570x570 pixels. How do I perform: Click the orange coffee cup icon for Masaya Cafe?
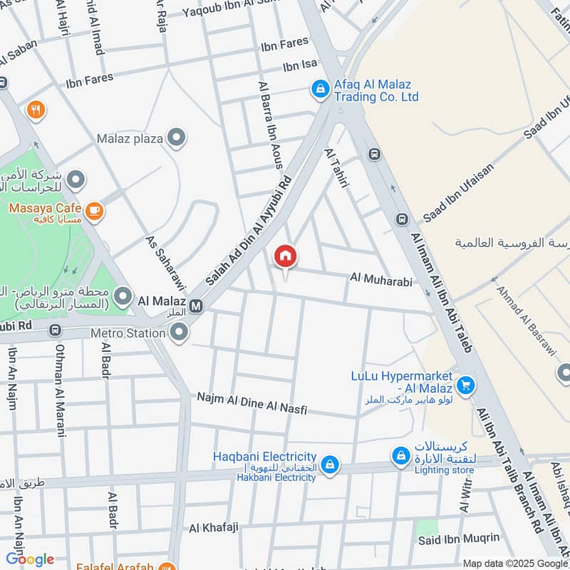(x=94, y=210)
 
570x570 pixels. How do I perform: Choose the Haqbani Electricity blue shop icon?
(x=329, y=465)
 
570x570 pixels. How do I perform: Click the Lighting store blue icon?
(x=401, y=455)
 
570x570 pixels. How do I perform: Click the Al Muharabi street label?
(x=381, y=281)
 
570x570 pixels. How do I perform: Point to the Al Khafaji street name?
(x=214, y=528)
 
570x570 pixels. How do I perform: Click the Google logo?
(x=30, y=559)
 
